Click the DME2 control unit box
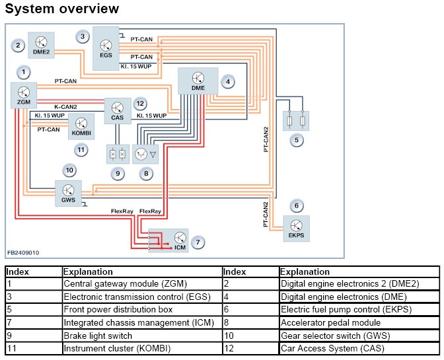(41, 46)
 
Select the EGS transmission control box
(106, 48)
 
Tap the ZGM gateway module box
(24, 95)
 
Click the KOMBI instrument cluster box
(81, 127)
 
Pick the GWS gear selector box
(68, 194)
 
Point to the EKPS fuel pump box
(296, 229)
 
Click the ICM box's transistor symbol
(180, 238)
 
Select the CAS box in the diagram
(118, 111)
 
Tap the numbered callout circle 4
(228, 82)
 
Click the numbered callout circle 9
(118, 174)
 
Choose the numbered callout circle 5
(297, 140)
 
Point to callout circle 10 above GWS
(69, 170)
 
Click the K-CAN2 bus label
(65, 107)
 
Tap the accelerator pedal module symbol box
(145, 155)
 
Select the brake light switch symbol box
(118, 155)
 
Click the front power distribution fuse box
(296, 121)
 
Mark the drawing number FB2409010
(23, 252)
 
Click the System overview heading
(62, 9)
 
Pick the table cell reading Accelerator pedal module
(331, 322)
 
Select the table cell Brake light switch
(98, 336)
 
